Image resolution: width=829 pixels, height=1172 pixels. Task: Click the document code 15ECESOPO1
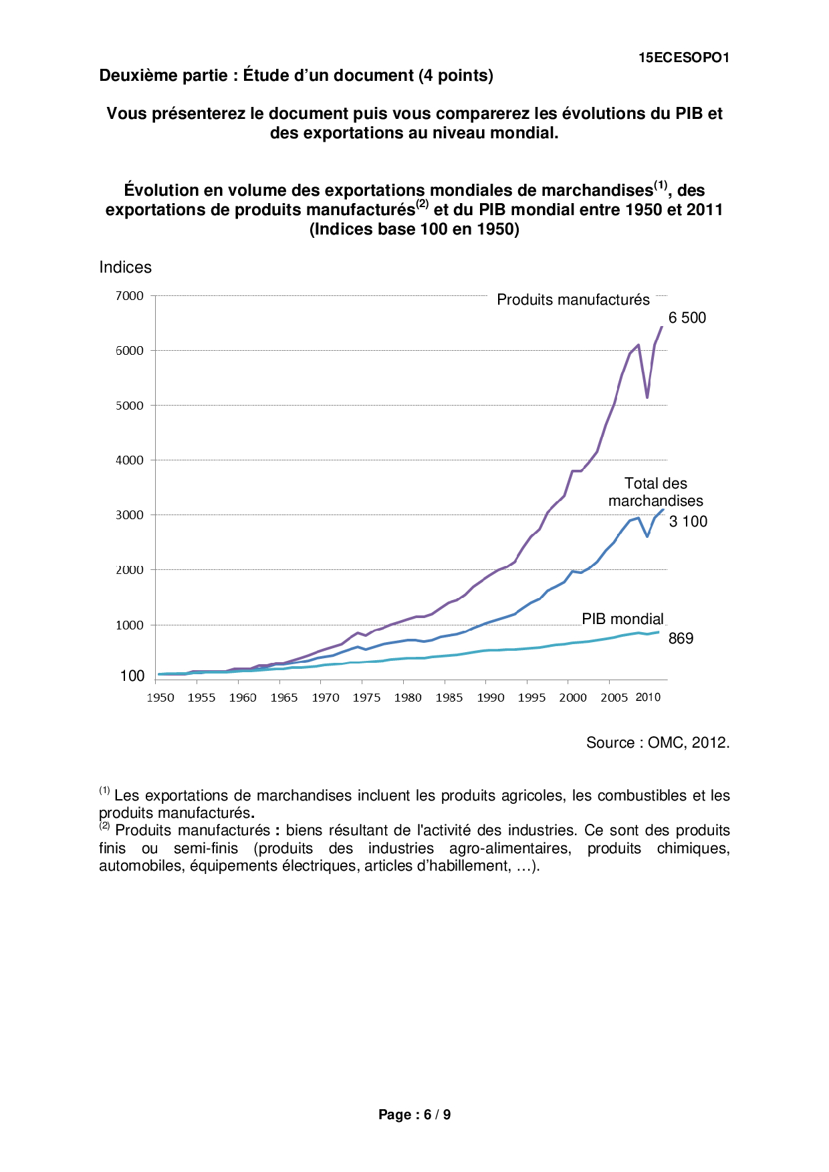pyautogui.click(x=683, y=58)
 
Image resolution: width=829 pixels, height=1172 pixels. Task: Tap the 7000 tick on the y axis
pyautogui.click(x=130, y=296)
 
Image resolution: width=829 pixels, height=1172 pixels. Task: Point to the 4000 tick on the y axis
pyautogui.click(x=130, y=460)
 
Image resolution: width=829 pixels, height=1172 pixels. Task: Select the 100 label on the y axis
pyautogui.click(x=132, y=676)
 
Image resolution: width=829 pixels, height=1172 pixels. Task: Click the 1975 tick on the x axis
pyautogui.click(x=366, y=698)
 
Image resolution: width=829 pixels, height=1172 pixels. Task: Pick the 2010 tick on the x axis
pyautogui.click(x=647, y=698)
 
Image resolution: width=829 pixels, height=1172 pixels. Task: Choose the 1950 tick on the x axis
pyautogui.click(x=160, y=698)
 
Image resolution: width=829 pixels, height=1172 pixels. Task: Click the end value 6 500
pyautogui.click(x=687, y=318)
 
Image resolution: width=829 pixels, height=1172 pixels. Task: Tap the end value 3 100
pyautogui.click(x=688, y=522)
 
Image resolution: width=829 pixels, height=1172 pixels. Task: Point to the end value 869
pyautogui.click(x=681, y=639)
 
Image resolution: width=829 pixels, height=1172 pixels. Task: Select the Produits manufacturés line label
pyautogui.click(x=573, y=300)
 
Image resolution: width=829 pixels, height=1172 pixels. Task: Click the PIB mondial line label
pyautogui.click(x=622, y=619)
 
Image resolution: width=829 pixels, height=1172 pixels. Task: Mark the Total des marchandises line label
pyautogui.click(x=655, y=492)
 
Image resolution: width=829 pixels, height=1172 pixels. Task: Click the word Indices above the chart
pyautogui.click(x=125, y=267)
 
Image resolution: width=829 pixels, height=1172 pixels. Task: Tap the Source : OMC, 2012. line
pyautogui.click(x=658, y=743)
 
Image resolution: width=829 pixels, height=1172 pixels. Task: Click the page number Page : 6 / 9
pyautogui.click(x=414, y=1115)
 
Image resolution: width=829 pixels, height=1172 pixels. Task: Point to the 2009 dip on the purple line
pyautogui.click(x=647, y=398)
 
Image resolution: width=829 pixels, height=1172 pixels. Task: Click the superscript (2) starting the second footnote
pyautogui.click(x=104, y=826)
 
